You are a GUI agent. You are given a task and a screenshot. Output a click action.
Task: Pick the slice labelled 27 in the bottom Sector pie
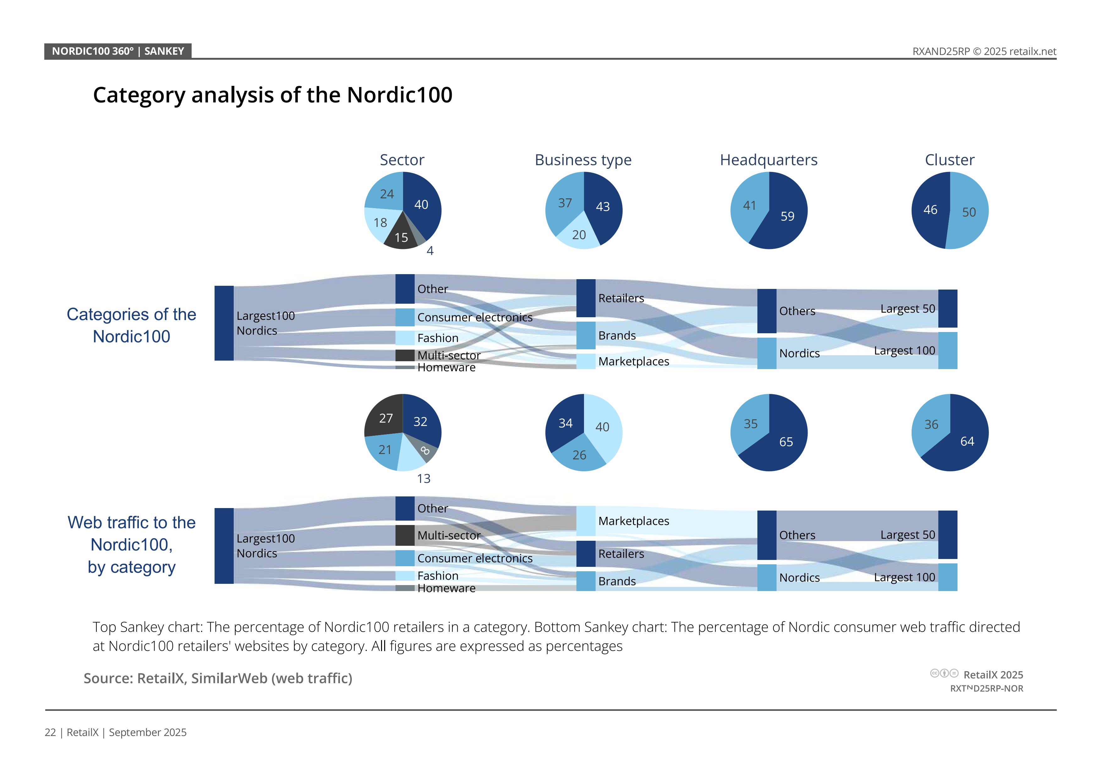(385, 418)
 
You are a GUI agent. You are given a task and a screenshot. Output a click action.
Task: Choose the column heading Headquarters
(768, 160)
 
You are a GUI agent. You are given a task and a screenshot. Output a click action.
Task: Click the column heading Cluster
(949, 160)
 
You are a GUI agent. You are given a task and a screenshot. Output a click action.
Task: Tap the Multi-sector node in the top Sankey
(405, 356)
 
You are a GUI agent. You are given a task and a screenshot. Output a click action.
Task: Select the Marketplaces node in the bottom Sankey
(586, 521)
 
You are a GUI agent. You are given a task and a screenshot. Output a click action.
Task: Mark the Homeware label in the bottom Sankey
(446, 588)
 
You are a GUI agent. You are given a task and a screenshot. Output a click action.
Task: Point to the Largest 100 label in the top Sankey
(904, 351)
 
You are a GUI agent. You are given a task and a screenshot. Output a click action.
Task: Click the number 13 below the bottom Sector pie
(423, 479)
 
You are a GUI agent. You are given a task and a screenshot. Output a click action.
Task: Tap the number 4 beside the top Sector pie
(430, 251)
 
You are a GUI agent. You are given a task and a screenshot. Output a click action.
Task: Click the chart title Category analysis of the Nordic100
(273, 95)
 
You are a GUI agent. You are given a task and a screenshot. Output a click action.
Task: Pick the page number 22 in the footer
(50, 733)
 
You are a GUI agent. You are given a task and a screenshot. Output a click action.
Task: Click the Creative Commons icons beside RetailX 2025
(944, 673)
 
